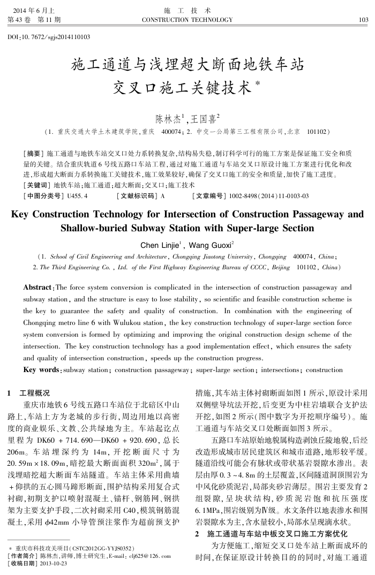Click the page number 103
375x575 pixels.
[x=363, y=20]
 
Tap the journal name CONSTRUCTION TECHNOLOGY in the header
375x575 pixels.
[x=187, y=20]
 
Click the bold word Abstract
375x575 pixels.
[x=38, y=287]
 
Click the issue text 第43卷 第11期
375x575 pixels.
[x=34, y=20]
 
